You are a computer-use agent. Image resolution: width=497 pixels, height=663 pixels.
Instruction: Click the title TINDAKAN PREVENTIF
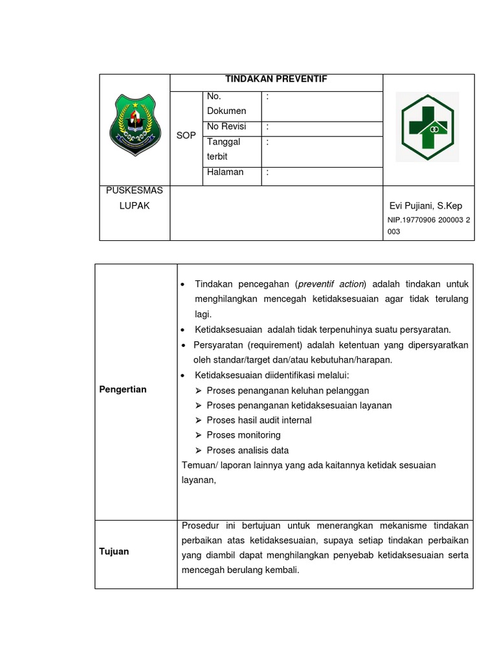[x=276, y=79]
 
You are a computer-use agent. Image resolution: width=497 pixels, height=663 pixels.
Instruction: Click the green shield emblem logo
[x=135, y=125]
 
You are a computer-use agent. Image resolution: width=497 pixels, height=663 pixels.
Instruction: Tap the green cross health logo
[x=428, y=126]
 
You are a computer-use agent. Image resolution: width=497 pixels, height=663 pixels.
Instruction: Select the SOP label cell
[x=186, y=135]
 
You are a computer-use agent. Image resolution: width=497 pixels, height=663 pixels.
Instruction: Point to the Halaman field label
[x=225, y=172]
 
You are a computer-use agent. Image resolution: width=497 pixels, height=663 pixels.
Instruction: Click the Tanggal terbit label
[x=224, y=150]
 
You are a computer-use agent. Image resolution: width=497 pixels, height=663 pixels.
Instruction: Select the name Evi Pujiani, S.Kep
[x=426, y=206]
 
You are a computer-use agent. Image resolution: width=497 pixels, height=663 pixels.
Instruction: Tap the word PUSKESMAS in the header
[x=135, y=191]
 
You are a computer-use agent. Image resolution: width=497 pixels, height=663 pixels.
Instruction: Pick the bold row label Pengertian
[x=123, y=389]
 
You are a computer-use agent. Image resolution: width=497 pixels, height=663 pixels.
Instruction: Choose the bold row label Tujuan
[x=114, y=551]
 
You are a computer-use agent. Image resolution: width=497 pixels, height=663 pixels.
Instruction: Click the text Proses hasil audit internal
[x=259, y=420]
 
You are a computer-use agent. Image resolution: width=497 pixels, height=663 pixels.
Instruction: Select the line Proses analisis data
[x=247, y=451]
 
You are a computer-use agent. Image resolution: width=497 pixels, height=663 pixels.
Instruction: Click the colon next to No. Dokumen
[x=267, y=96]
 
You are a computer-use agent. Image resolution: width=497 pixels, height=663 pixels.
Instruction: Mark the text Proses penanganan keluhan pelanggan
[x=288, y=390]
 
